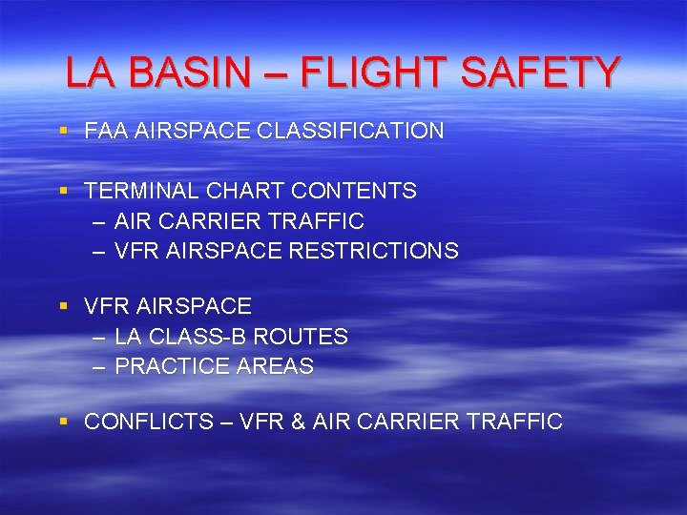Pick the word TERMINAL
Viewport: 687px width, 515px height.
[x=138, y=191]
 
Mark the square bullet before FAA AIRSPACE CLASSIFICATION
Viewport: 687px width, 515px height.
[x=63, y=130]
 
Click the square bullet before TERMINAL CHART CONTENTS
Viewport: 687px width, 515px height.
[x=63, y=190]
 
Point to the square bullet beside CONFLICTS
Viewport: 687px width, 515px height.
[x=63, y=421]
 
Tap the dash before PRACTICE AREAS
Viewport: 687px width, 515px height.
[x=100, y=366]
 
